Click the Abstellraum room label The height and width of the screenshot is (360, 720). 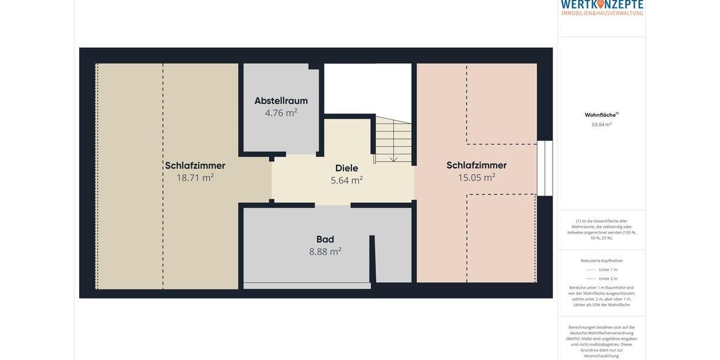(281, 101)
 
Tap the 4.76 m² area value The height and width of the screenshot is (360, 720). (281, 113)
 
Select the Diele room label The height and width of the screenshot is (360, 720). (347, 168)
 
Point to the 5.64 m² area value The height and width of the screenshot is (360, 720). (347, 180)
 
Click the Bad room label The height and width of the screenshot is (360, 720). (325, 239)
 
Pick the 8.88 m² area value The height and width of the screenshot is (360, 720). (325, 251)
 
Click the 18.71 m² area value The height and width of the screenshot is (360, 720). (195, 178)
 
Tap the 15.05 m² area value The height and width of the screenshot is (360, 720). (476, 178)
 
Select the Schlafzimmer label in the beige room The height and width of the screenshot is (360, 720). (195, 166)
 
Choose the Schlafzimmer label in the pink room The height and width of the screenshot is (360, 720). (476, 165)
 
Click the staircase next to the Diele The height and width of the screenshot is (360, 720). (393, 139)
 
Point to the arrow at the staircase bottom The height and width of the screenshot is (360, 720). (394, 158)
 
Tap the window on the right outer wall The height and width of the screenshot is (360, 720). (545, 168)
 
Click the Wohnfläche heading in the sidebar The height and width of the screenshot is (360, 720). (601, 115)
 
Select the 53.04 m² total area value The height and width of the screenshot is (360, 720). (601, 125)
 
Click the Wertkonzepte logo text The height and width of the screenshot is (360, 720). (602, 5)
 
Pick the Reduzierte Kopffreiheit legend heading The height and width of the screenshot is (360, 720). (601, 260)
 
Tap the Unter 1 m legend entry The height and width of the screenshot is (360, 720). (608, 269)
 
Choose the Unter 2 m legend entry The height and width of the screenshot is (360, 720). (608, 278)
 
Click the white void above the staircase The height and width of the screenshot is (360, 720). (367, 88)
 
